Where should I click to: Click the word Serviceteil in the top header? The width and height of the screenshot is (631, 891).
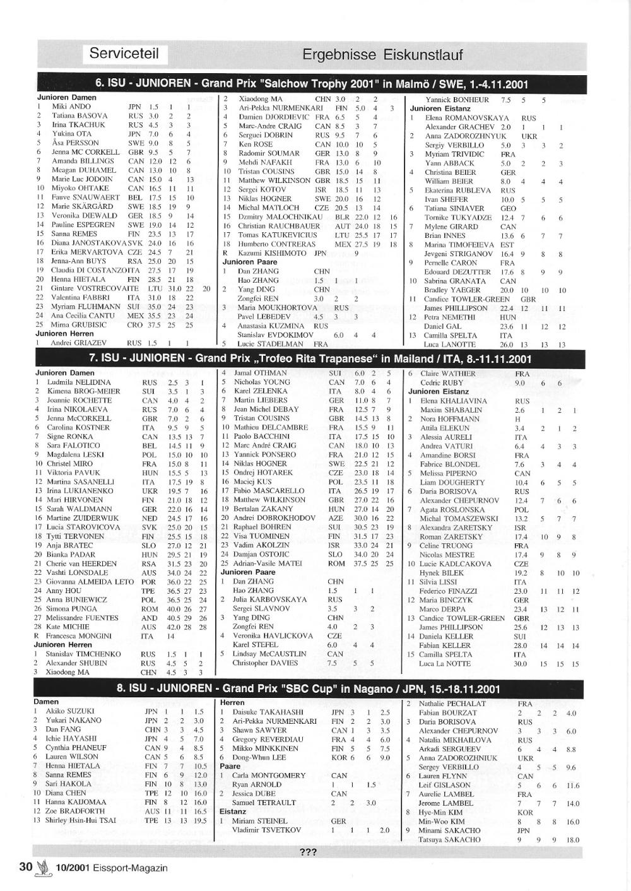coord(124,53)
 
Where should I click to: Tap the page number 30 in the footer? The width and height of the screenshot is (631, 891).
coord(26,866)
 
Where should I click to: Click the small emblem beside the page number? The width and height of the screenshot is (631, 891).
coord(43,867)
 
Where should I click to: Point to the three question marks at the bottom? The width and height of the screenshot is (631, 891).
coord(308,852)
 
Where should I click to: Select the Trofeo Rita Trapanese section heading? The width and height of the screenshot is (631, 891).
coord(310,359)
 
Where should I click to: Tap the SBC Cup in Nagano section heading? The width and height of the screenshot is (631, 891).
coord(308,689)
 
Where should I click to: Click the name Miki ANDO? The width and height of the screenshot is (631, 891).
coord(71,107)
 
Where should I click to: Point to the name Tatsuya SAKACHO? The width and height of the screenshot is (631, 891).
coord(449,839)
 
